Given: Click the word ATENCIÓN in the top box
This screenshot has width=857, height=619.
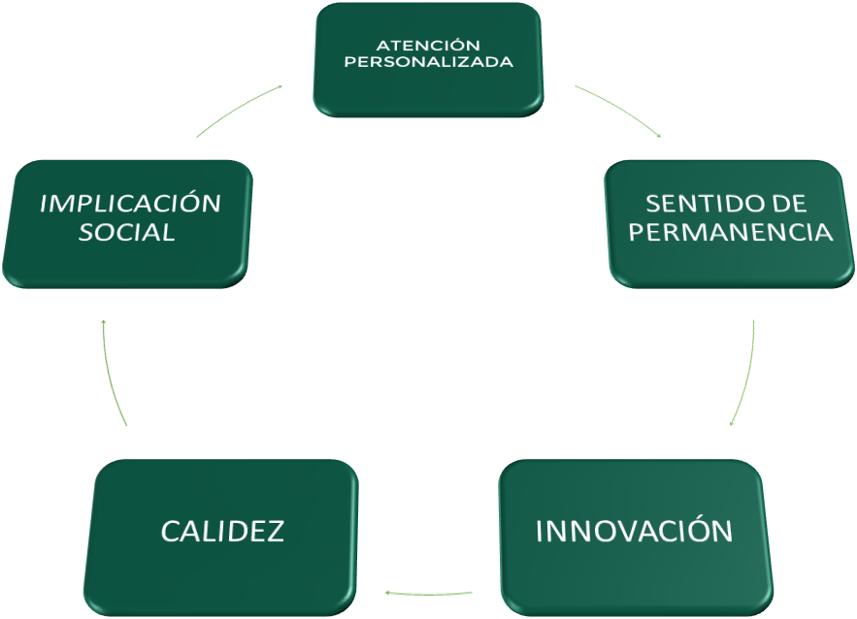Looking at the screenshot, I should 428,45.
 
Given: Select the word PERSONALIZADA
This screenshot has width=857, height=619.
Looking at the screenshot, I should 428,62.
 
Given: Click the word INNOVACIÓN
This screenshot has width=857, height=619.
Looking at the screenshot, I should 634,532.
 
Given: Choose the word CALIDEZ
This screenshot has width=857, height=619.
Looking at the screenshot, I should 222,531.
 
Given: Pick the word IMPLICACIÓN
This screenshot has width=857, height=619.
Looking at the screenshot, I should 130,203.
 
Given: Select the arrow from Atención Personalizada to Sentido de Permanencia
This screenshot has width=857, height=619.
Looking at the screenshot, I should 619,109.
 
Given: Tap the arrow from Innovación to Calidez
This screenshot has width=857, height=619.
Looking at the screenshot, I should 429,590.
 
